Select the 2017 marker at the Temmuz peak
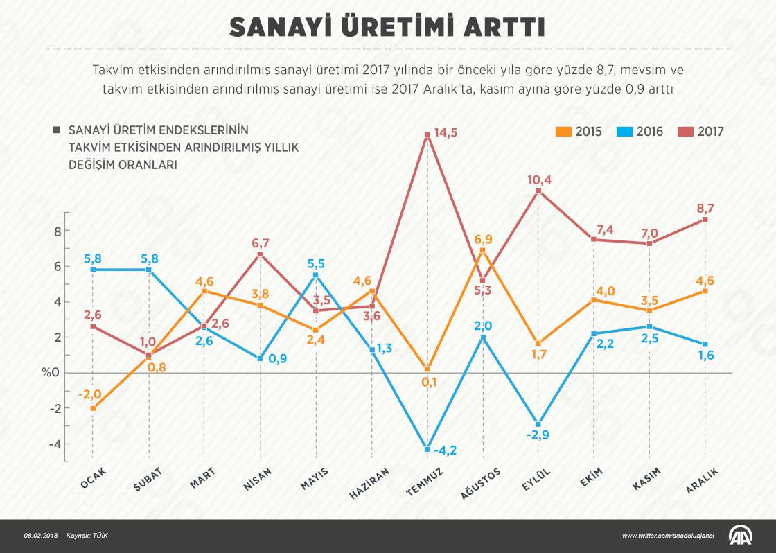click(427, 134)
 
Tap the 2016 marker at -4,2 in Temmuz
click(427, 449)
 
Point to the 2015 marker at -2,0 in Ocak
click(93, 408)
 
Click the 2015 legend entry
click(579, 131)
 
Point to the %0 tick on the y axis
click(51, 373)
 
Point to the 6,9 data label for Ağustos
click(484, 239)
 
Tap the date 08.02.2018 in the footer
click(41, 536)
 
